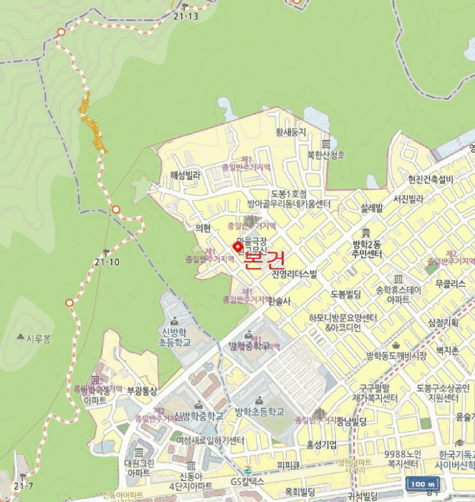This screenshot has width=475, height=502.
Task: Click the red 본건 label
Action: click(x=264, y=259)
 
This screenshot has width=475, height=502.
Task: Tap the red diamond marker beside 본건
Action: click(x=238, y=246)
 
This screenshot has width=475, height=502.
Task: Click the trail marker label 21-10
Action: click(x=106, y=262)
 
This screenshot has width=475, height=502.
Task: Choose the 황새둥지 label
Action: click(x=291, y=132)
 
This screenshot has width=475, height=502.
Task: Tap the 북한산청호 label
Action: click(x=326, y=154)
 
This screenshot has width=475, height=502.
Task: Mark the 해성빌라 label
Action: click(x=186, y=174)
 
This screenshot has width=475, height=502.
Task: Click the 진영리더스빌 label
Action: click(x=294, y=275)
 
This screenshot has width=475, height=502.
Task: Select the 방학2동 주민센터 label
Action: click(x=367, y=249)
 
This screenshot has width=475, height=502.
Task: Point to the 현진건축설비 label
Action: click(x=431, y=179)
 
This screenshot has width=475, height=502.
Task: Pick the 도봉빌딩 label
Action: click(x=349, y=294)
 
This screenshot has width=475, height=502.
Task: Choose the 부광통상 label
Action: click(x=141, y=391)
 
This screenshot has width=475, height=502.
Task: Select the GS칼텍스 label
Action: click(x=247, y=480)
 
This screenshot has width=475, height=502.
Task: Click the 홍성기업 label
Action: click(x=322, y=445)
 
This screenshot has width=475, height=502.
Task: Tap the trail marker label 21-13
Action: click(x=186, y=16)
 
